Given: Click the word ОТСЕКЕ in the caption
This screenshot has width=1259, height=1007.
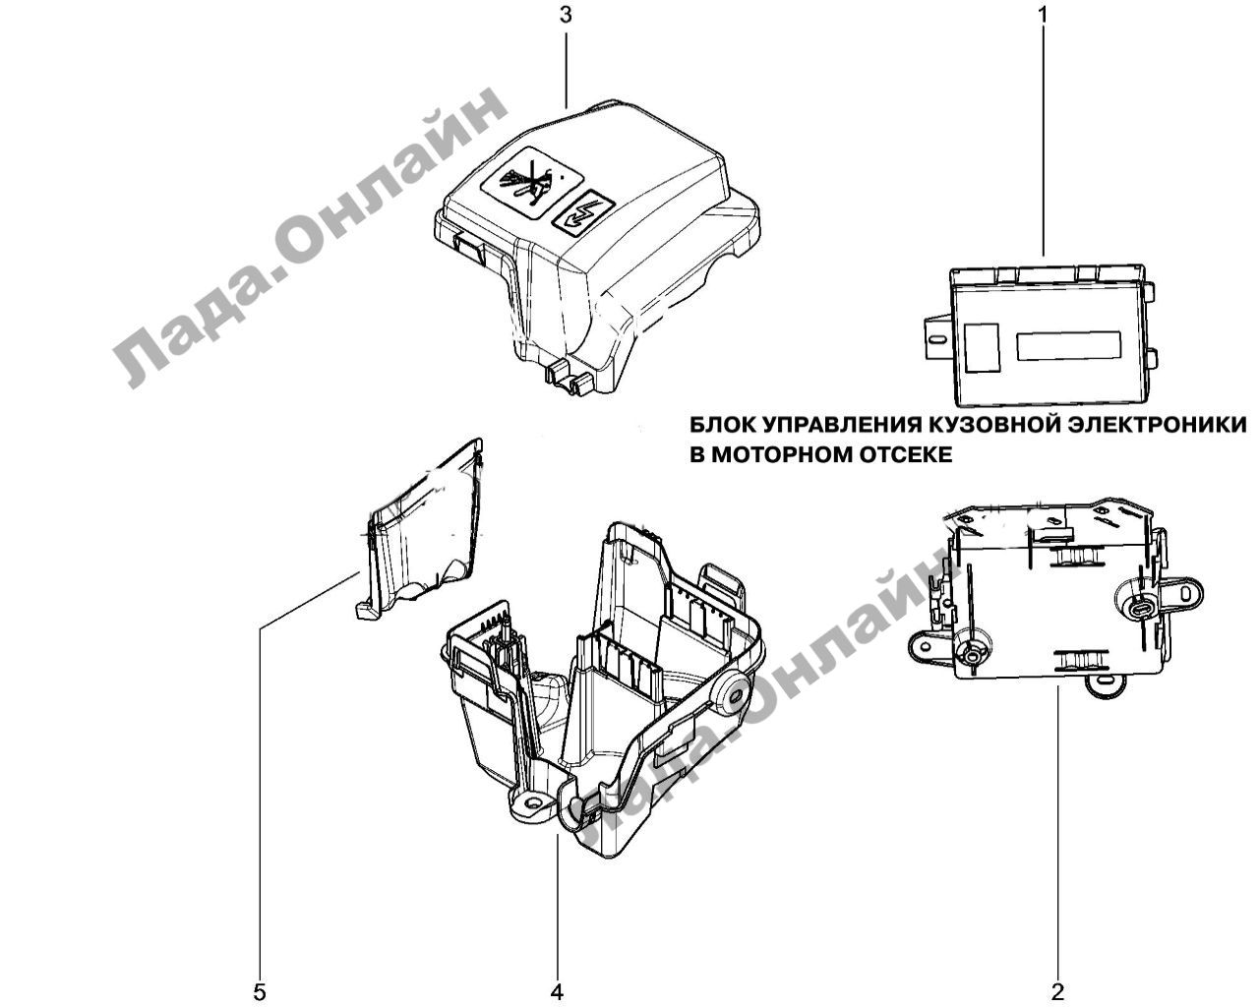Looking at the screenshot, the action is [x=906, y=454].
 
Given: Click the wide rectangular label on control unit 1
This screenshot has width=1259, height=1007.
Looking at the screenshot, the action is [x=1069, y=346].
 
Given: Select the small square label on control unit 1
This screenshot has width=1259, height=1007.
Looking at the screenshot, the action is [x=983, y=348].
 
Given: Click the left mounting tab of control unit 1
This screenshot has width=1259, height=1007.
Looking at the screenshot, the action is [x=937, y=336].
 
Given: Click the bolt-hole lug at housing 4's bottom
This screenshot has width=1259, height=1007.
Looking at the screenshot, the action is [x=532, y=802].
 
